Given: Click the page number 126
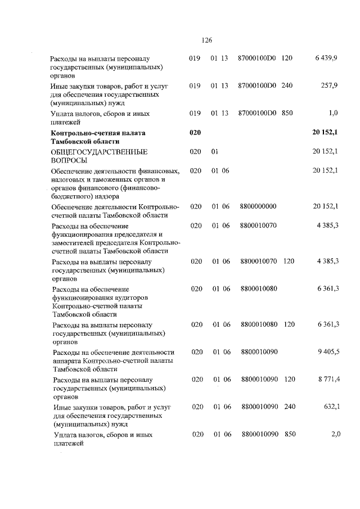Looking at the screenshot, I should pyautogui.click(x=206, y=40).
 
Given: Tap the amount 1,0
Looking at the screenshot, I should pyautogui.click(x=332, y=113).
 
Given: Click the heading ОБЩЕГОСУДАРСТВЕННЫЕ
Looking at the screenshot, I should pyautogui.click(x=99, y=152).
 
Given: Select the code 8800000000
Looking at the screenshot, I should pyautogui.click(x=258, y=207).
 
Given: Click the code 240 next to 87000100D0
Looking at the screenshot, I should pyautogui.click(x=287, y=85).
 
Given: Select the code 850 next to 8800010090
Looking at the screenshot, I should pyautogui.click(x=290, y=434).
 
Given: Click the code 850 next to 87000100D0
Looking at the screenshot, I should pyautogui.click(x=287, y=113).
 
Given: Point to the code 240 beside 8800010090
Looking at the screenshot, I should pyautogui.click(x=290, y=407).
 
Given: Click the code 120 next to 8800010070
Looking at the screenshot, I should pyautogui.click(x=289, y=262).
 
